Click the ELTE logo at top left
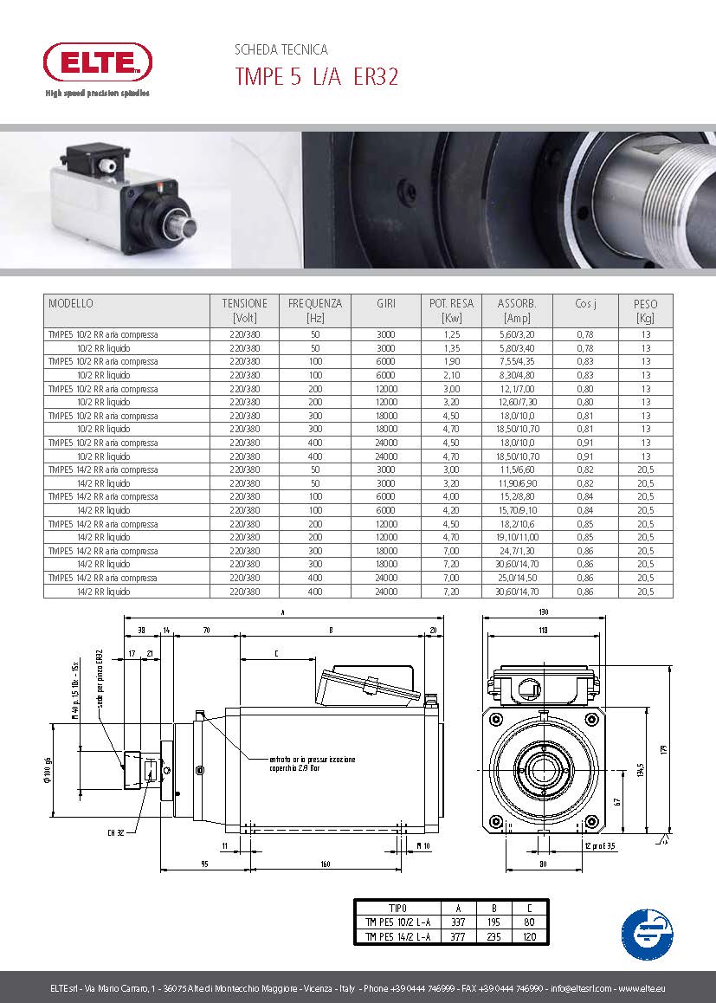[98, 62]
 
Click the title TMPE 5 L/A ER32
[316, 77]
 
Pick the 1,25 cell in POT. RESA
[451, 334]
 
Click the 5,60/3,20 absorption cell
[517, 334]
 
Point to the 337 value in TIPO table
[459, 922]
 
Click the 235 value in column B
[494, 936]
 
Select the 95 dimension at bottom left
[204, 864]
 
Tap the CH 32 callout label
[117, 833]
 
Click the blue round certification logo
[648, 932]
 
